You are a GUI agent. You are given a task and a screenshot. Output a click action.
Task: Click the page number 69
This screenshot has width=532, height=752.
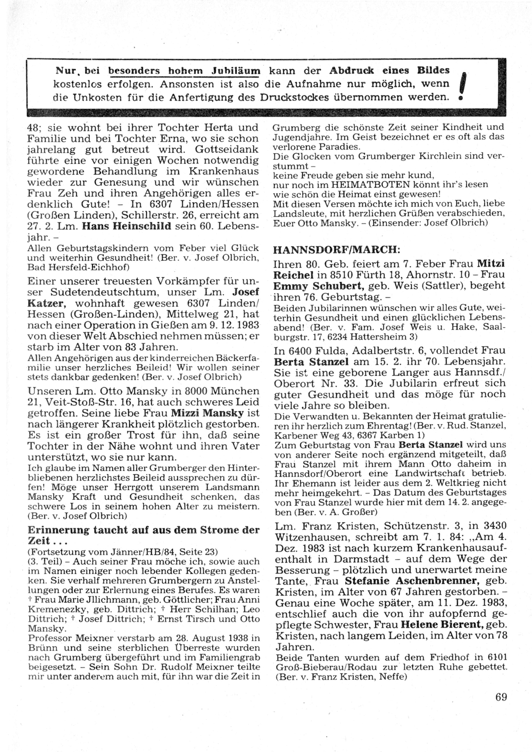point(501,698)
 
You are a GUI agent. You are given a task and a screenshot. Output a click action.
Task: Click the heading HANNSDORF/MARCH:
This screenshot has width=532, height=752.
point(336,249)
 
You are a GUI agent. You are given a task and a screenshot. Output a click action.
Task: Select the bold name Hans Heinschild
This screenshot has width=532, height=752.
point(136,226)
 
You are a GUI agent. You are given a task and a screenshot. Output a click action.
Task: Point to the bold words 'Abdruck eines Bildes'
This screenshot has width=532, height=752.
point(389,70)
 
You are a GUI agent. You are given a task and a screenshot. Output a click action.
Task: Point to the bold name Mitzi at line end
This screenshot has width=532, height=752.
point(491,263)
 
